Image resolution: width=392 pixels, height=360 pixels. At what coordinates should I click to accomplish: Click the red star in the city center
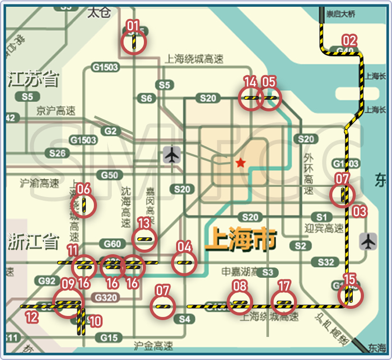[x=240, y=163]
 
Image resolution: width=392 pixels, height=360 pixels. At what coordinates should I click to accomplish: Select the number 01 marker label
[x=133, y=25]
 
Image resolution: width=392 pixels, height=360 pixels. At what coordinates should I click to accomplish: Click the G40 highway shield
[x=346, y=51]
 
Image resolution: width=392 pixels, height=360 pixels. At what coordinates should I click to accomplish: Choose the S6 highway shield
[x=146, y=99]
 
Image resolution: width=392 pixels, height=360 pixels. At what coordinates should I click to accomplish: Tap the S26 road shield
[x=57, y=153]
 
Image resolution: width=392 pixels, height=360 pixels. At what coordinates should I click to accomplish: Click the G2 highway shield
[x=111, y=132]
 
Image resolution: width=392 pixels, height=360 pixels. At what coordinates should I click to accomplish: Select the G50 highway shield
[x=109, y=175]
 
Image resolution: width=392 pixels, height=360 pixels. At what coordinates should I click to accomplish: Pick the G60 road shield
[x=112, y=244]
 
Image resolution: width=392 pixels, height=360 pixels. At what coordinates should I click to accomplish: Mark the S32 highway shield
[x=325, y=262]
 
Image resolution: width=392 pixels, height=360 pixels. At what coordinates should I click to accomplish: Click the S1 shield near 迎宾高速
[x=321, y=217]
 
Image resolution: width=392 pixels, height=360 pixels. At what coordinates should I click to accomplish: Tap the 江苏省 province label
[x=34, y=80]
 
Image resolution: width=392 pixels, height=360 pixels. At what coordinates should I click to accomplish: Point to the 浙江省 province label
[x=34, y=242]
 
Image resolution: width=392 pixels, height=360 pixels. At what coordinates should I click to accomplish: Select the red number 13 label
[x=144, y=223]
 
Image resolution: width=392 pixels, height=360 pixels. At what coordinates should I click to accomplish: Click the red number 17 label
[x=284, y=286]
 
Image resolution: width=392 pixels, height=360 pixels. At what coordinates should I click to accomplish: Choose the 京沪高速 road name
[x=55, y=111]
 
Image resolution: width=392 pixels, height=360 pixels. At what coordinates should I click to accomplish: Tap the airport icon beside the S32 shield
[x=368, y=241]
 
